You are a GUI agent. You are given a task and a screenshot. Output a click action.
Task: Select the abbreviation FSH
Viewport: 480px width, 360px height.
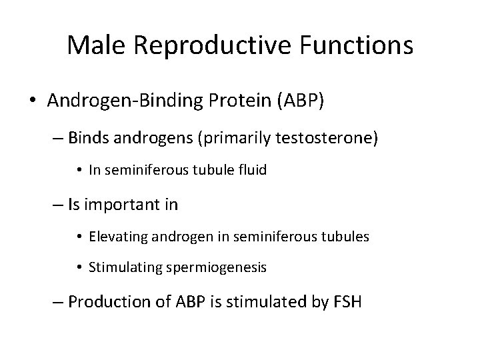pos(347,301)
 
